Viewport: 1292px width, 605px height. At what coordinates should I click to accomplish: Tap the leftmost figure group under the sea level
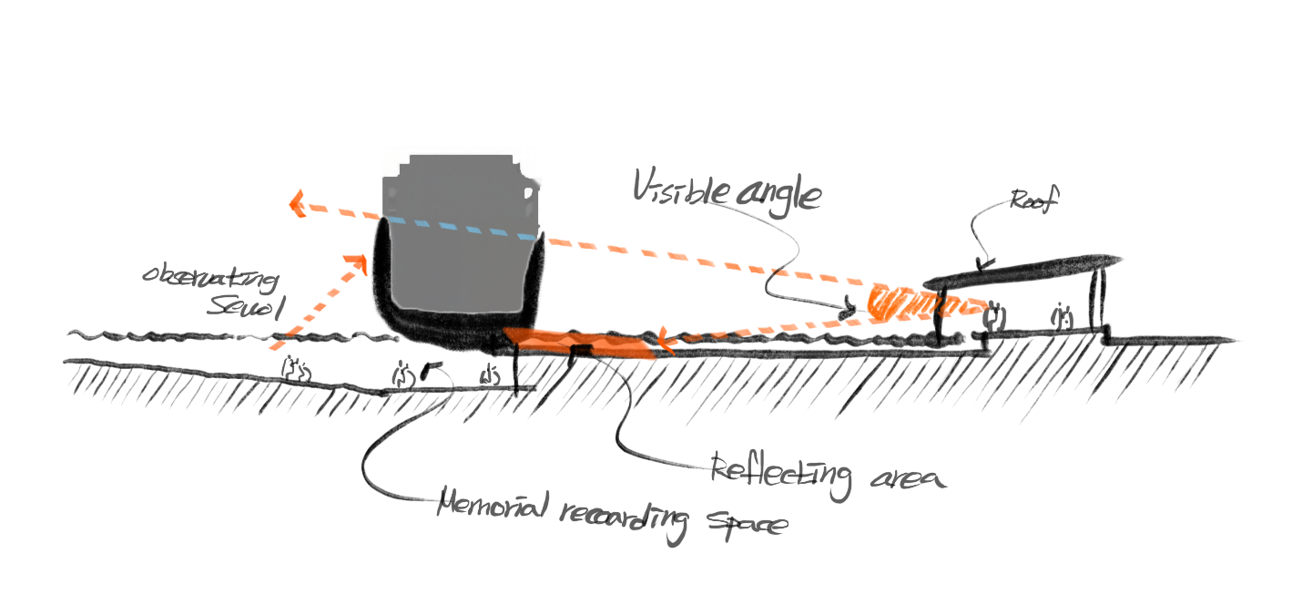295,368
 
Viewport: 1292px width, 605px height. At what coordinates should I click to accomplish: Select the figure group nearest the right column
1062,316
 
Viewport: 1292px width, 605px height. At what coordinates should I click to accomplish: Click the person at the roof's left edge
941,317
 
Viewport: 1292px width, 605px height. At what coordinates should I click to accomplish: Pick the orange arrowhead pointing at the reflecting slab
664,342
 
